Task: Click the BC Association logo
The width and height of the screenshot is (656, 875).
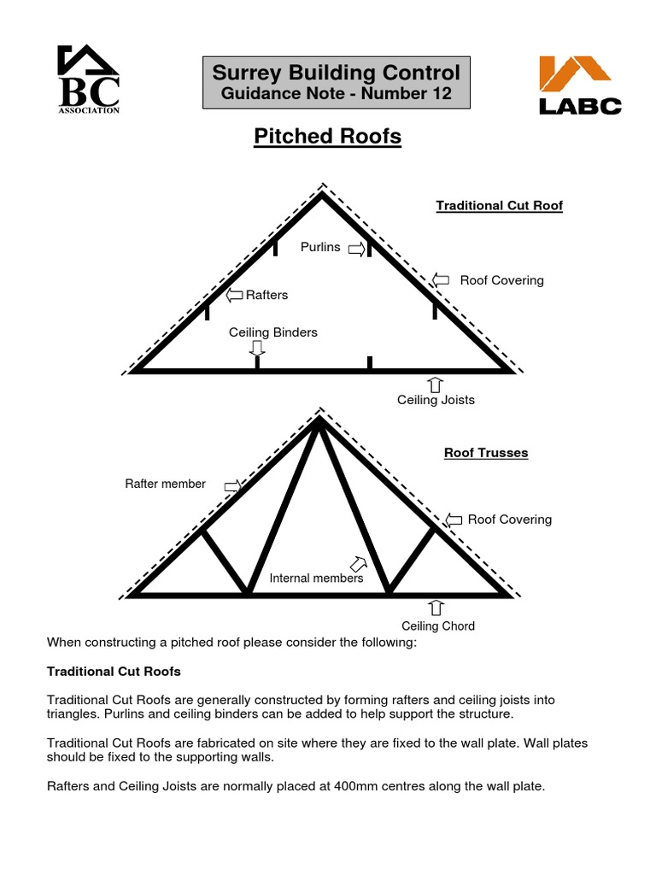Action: (x=88, y=79)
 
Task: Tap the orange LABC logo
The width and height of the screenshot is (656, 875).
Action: (x=580, y=85)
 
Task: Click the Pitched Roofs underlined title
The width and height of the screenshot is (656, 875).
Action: (x=327, y=137)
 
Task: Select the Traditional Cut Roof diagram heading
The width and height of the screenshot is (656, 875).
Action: (x=499, y=206)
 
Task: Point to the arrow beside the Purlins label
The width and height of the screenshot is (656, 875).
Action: (x=356, y=249)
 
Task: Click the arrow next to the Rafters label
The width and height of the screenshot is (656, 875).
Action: (x=234, y=295)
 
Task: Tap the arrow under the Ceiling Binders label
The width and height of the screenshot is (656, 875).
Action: (x=256, y=349)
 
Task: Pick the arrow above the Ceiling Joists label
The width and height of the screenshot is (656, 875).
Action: (x=435, y=385)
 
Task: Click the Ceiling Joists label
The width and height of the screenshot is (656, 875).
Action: (x=436, y=400)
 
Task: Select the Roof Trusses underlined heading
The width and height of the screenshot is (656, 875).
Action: (x=486, y=453)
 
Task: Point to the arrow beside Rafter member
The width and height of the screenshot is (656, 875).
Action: (x=232, y=486)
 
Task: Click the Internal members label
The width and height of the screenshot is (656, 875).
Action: (x=316, y=578)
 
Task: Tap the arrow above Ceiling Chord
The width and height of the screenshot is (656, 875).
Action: (x=436, y=608)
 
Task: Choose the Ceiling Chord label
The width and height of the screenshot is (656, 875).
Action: (x=438, y=626)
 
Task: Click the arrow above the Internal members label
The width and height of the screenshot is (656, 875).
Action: (x=359, y=564)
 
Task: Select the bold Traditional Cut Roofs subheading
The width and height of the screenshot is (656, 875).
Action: (x=114, y=672)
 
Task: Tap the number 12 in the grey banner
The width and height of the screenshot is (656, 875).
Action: (x=441, y=93)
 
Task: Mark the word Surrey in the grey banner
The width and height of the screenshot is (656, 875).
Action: (x=247, y=73)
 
